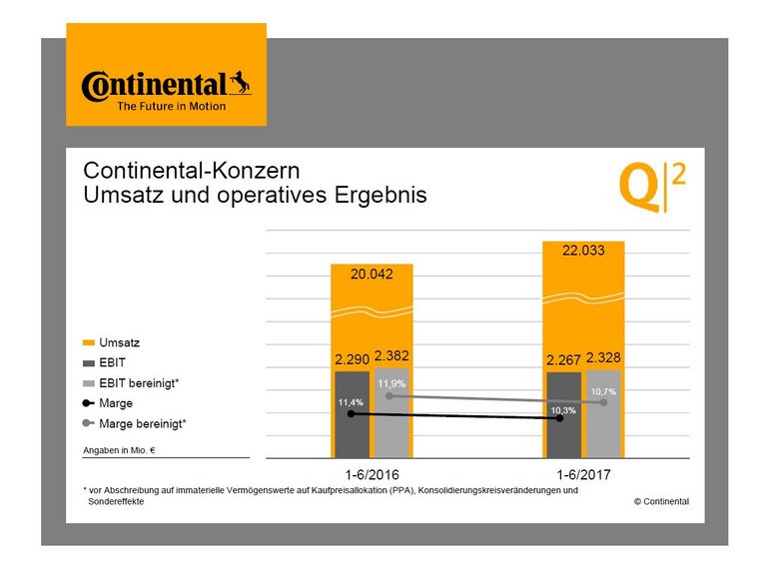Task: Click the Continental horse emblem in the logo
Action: (x=239, y=82)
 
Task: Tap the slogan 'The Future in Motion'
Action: (x=172, y=106)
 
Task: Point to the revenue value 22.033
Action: (x=583, y=252)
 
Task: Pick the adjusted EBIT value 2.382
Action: (x=391, y=355)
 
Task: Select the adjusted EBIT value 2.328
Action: (x=604, y=357)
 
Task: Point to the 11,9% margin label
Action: (x=390, y=383)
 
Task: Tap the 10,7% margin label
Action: (x=604, y=391)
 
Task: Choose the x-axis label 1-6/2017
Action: (x=582, y=475)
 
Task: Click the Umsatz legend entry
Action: (x=118, y=342)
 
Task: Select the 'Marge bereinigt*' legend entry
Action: (x=143, y=423)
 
